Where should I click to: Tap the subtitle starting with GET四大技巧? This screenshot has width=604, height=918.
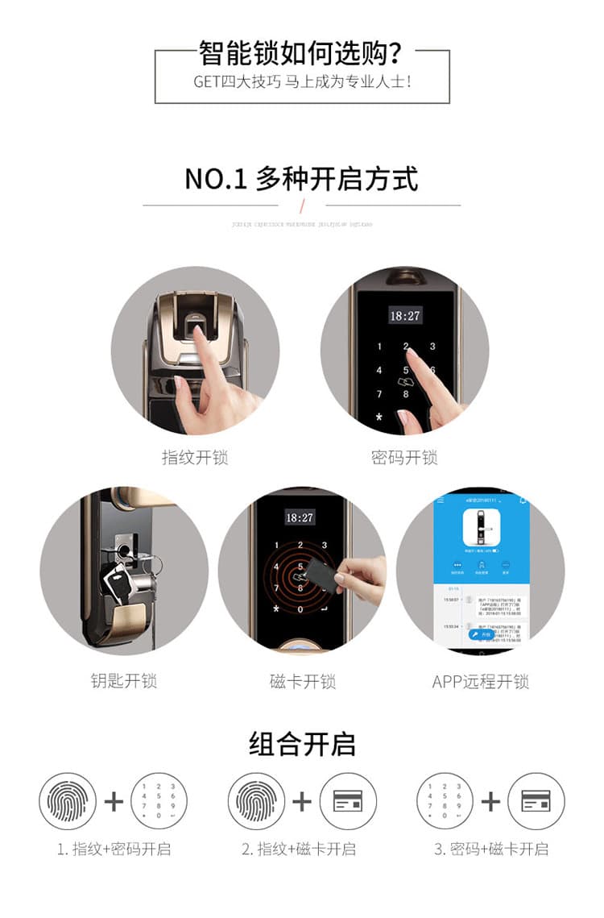[x=301, y=82]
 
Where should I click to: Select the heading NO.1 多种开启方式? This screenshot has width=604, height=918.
[x=301, y=178]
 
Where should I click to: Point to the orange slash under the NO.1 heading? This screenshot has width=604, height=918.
[x=302, y=205]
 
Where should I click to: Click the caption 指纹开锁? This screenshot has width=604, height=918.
[x=195, y=458]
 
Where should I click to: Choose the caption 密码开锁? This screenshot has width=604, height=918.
[x=404, y=458]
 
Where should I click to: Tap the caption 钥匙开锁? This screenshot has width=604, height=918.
[x=123, y=681]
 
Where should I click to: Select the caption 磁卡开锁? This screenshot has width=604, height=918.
[x=302, y=681]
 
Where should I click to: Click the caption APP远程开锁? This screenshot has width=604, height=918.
[x=480, y=681]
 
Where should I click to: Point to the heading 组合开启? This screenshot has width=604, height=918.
[x=301, y=744]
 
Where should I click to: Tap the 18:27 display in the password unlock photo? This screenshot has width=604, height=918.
[x=405, y=315]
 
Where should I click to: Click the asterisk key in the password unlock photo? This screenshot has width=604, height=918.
[x=379, y=418]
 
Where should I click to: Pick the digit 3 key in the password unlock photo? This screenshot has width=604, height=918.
[x=432, y=347]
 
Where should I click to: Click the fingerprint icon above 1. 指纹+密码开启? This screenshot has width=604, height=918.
[x=68, y=801]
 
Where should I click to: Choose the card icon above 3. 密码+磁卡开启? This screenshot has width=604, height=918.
[x=536, y=801]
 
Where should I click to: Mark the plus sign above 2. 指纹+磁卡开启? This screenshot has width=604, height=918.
[x=302, y=801]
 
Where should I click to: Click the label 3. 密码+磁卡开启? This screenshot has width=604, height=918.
[x=490, y=849]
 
